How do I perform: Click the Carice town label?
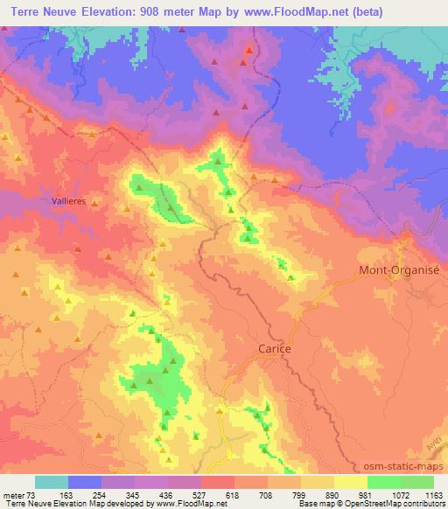click(x=274, y=348)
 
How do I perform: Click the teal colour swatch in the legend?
click(x=52, y=482)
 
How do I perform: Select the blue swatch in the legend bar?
click(x=85, y=482)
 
